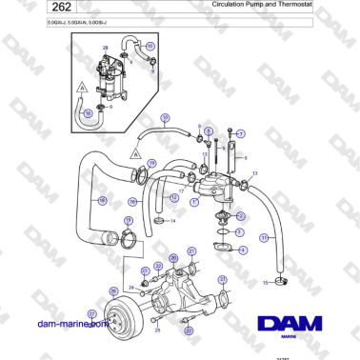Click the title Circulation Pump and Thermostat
271,7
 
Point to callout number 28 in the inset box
105,46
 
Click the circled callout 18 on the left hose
103,200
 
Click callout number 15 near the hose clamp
264,283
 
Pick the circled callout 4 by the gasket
242,250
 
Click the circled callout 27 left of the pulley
92,313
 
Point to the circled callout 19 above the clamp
129,222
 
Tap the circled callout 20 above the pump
172,257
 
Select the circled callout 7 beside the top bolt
240,133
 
